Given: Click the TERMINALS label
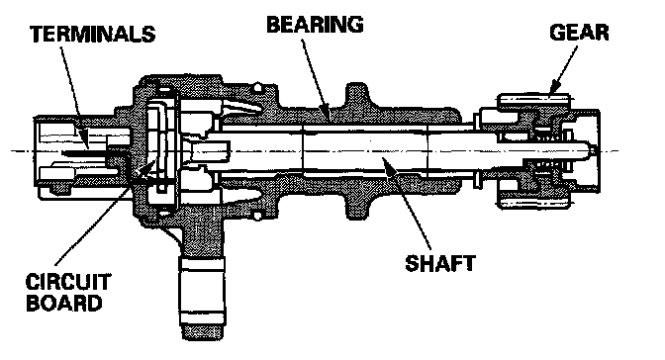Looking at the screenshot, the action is [93, 34].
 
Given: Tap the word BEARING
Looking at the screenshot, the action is [315, 24].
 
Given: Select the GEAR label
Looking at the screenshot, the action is [579, 33].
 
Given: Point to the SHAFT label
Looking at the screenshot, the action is [440, 263].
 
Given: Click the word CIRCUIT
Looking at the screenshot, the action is [68, 282].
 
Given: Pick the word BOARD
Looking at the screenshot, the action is [64, 303].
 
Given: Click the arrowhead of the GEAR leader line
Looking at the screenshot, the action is [554, 88].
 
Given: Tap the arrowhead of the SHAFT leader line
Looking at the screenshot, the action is [387, 162].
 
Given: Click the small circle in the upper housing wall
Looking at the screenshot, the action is [257, 88].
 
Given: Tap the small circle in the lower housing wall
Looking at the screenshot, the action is [257, 217].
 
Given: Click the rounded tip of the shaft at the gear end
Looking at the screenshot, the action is [592, 150].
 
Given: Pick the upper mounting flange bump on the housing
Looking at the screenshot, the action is [356, 95].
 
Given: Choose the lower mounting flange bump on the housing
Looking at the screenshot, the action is [356, 209].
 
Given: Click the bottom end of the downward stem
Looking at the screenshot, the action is [202, 336].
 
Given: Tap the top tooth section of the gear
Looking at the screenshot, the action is [533, 101].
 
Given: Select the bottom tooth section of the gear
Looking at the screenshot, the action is [533, 201].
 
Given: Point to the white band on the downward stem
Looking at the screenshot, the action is [202, 265].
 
